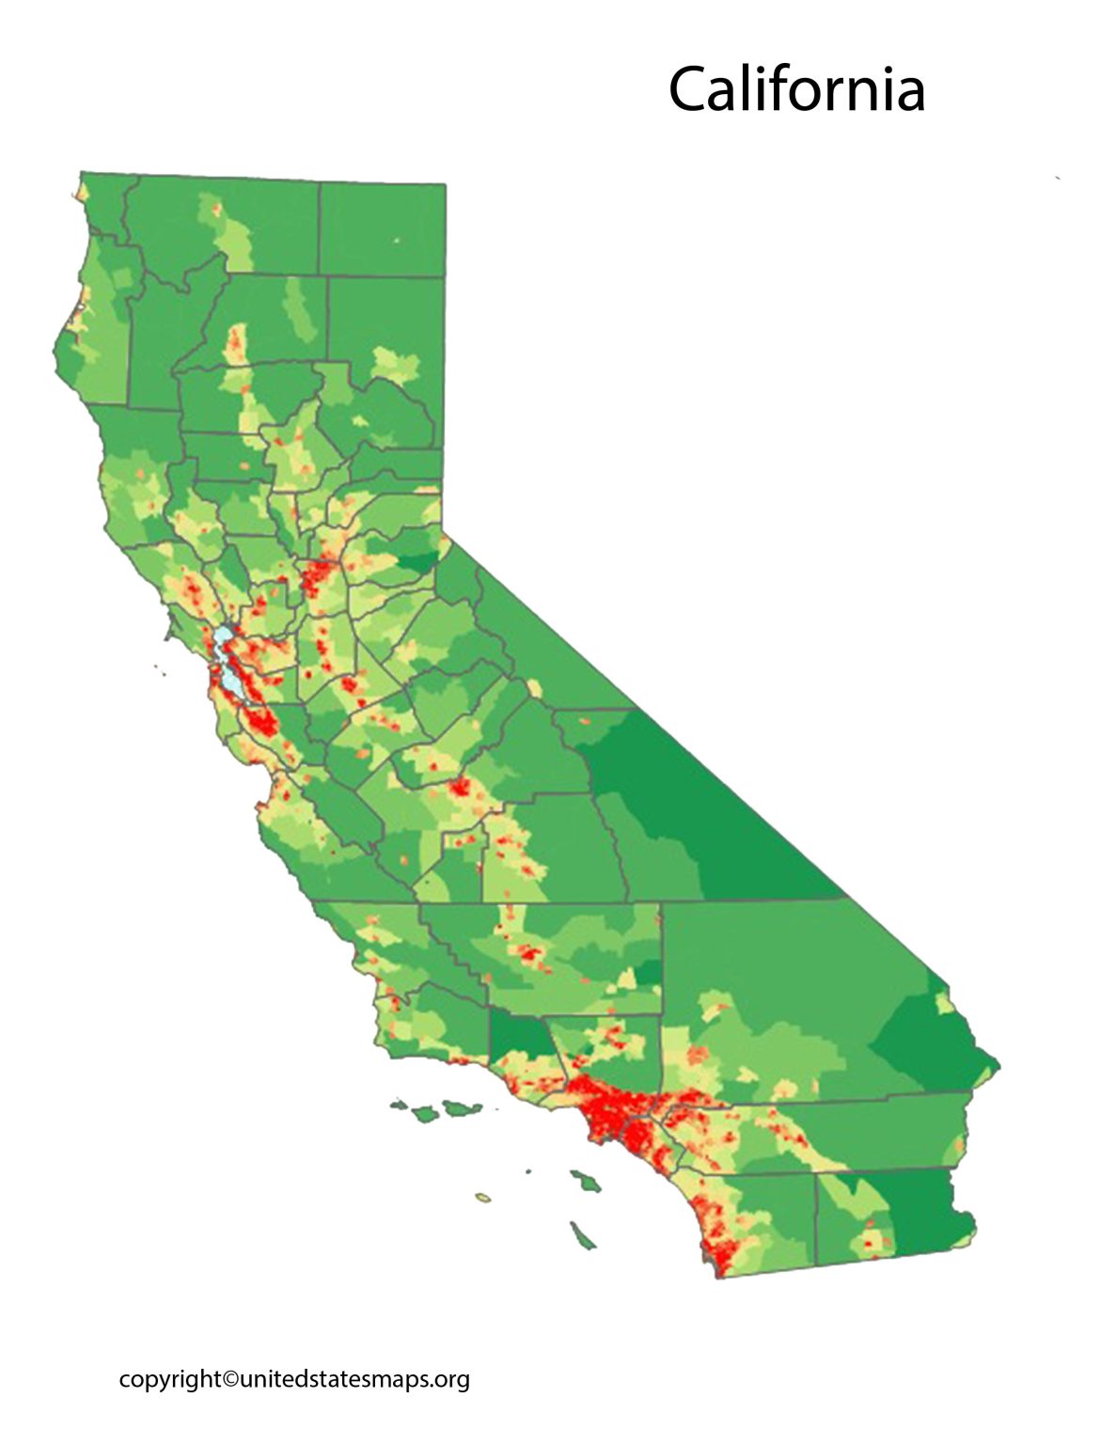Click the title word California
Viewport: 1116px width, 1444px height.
click(796, 89)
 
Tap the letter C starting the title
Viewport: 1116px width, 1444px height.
click(688, 89)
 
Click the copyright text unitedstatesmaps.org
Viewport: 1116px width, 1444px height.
click(354, 1379)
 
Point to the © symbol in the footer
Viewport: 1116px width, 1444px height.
click(230, 1379)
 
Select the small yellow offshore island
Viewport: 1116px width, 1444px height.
click(483, 1198)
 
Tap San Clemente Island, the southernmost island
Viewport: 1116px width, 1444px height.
click(582, 1236)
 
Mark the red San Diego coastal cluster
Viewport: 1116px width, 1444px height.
click(720, 1251)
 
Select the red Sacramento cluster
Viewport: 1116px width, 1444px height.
click(319, 572)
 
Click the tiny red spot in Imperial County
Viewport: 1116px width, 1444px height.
click(868, 1243)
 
